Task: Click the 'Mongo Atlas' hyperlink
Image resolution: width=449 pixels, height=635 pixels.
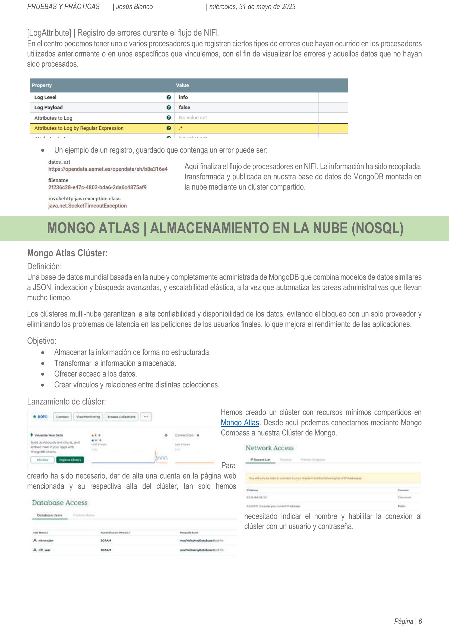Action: click(x=240, y=423)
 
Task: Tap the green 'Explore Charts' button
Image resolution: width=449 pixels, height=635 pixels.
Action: click(x=70, y=460)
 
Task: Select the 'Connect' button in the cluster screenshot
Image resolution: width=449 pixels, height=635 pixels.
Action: click(x=62, y=417)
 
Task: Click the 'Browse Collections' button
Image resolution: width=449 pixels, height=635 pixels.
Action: click(x=121, y=417)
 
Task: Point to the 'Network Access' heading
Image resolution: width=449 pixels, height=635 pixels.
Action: click(x=270, y=448)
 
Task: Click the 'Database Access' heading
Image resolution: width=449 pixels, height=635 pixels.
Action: click(x=60, y=503)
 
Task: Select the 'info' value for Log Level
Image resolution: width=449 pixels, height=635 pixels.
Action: click(x=183, y=97)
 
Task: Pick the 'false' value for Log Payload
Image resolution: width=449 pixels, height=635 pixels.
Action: click(x=184, y=108)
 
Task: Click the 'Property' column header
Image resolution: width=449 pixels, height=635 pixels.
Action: click(x=42, y=86)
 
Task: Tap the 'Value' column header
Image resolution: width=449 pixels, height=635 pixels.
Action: click(x=182, y=86)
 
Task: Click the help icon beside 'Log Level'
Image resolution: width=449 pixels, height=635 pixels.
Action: click(x=169, y=97)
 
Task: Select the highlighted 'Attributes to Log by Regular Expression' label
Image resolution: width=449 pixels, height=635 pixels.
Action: click(x=79, y=128)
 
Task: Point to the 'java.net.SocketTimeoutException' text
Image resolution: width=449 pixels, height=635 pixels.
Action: click(x=87, y=206)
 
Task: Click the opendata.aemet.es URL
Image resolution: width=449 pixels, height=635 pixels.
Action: click(x=108, y=169)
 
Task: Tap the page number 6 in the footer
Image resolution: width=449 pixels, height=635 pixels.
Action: click(x=420, y=621)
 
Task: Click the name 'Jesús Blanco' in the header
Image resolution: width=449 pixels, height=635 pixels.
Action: click(x=134, y=7)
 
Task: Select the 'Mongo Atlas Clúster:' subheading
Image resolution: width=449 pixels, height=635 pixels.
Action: click(x=67, y=253)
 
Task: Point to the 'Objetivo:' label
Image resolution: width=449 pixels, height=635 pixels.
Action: click(x=42, y=341)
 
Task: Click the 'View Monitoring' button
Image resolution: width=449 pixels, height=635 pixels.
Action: click(x=88, y=417)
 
